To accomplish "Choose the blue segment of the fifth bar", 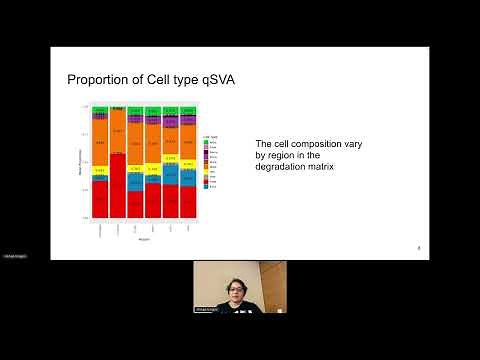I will point(171,175).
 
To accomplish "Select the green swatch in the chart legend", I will point(204,141).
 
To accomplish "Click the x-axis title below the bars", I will point(144,238).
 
